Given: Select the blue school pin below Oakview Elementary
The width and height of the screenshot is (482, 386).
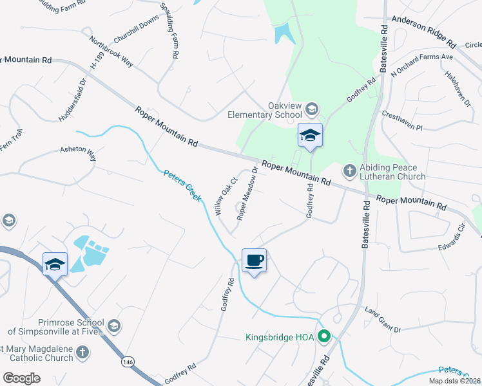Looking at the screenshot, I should [310, 136].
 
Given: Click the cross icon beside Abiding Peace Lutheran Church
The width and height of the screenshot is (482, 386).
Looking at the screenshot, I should [349, 170].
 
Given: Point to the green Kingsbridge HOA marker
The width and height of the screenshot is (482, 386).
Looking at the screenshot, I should [325, 336].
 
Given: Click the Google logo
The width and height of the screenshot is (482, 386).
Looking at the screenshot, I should [22, 378].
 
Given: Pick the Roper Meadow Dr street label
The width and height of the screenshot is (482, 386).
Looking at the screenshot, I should [247, 194].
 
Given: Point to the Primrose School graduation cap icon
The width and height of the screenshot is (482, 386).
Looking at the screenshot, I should [114, 326].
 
